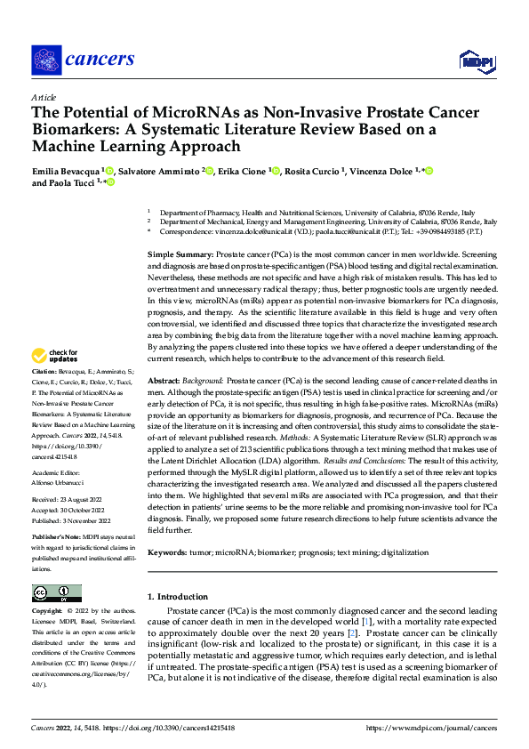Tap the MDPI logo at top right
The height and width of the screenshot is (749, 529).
click(x=475, y=60)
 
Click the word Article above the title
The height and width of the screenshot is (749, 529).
click(x=44, y=97)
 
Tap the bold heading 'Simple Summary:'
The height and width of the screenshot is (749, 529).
click(x=180, y=254)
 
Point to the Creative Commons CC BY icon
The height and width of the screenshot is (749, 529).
click(x=56, y=593)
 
